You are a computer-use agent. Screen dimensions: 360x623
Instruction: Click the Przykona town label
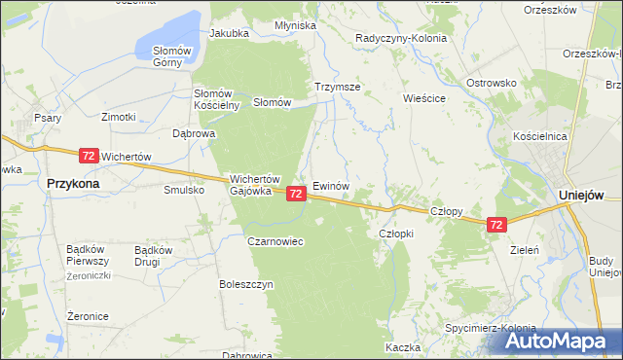click(75, 181)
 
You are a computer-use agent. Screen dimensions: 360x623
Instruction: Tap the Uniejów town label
click(583, 195)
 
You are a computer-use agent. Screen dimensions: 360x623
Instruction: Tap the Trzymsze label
click(338, 87)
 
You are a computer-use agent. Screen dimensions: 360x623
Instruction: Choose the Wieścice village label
click(424, 98)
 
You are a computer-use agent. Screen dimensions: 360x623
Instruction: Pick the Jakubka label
click(229, 32)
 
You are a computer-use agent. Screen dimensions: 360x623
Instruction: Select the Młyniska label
click(295, 25)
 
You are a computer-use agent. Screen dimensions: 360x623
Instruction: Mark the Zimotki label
click(118, 116)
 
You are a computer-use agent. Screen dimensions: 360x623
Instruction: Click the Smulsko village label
click(183, 190)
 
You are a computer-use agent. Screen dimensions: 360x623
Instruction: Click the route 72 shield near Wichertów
click(89, 156)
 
